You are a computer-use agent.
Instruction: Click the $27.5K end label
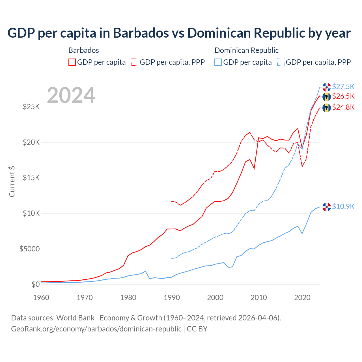343,86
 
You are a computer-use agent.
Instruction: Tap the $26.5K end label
343,96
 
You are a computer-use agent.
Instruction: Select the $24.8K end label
343,107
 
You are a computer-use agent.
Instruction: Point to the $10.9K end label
343,206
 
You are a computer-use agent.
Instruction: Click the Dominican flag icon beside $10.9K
327,207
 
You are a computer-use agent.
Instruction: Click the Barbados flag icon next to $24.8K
327,108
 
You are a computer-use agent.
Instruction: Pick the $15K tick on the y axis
31,178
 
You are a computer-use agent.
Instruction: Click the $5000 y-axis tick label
29,249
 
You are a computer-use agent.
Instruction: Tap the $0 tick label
35,284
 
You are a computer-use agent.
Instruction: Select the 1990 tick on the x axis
172,298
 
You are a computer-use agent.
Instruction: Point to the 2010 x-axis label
259,298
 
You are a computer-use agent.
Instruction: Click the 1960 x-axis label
41,298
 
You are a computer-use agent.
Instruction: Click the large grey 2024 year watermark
71,95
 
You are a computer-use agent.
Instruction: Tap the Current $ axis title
12,182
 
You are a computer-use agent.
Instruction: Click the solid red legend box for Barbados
72,62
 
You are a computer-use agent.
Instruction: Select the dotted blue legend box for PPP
281,62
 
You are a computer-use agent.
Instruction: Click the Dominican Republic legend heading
246,50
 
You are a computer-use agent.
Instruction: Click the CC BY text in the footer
197,329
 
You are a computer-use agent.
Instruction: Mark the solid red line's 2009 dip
254,168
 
